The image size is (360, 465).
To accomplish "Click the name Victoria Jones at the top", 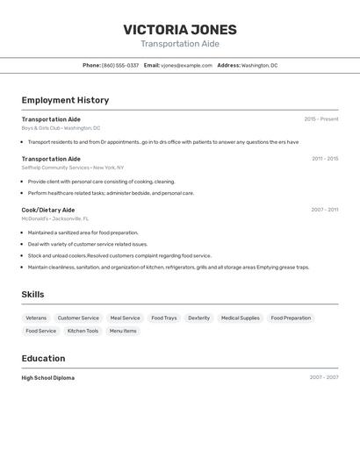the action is point(180,30).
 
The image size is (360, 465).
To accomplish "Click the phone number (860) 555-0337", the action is point(120,66).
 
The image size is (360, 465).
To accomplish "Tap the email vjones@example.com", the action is point(187,66).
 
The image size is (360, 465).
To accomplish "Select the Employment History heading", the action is point(65,100).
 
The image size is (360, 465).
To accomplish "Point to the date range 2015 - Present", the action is point(321,119).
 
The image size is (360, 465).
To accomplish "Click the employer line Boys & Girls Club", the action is point(61,128).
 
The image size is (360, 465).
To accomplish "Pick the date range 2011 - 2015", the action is point(325,159).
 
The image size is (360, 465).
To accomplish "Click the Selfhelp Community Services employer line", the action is point(73,168).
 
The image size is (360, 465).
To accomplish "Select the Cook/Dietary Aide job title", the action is point(48,210).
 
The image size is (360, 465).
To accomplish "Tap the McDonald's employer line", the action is point(55,218).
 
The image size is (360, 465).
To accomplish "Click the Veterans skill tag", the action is point(36,318).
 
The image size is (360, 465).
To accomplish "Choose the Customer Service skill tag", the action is point(78,318).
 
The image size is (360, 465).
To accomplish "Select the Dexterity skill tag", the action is point(198,318).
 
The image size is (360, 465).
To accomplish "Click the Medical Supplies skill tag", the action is point(240,318).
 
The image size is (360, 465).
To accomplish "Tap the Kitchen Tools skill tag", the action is point(83,331).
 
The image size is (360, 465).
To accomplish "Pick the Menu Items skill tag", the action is point(123,331).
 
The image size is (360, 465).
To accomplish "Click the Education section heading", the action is point(43,358).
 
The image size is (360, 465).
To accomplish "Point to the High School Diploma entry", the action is point(48,378).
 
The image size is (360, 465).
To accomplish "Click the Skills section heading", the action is point(32,295).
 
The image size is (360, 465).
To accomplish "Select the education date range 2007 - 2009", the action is point(324,378).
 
